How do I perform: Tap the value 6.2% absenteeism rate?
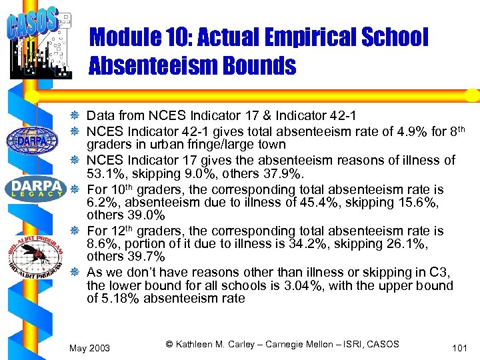[100, 202]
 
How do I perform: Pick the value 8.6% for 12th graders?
[100, 244]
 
